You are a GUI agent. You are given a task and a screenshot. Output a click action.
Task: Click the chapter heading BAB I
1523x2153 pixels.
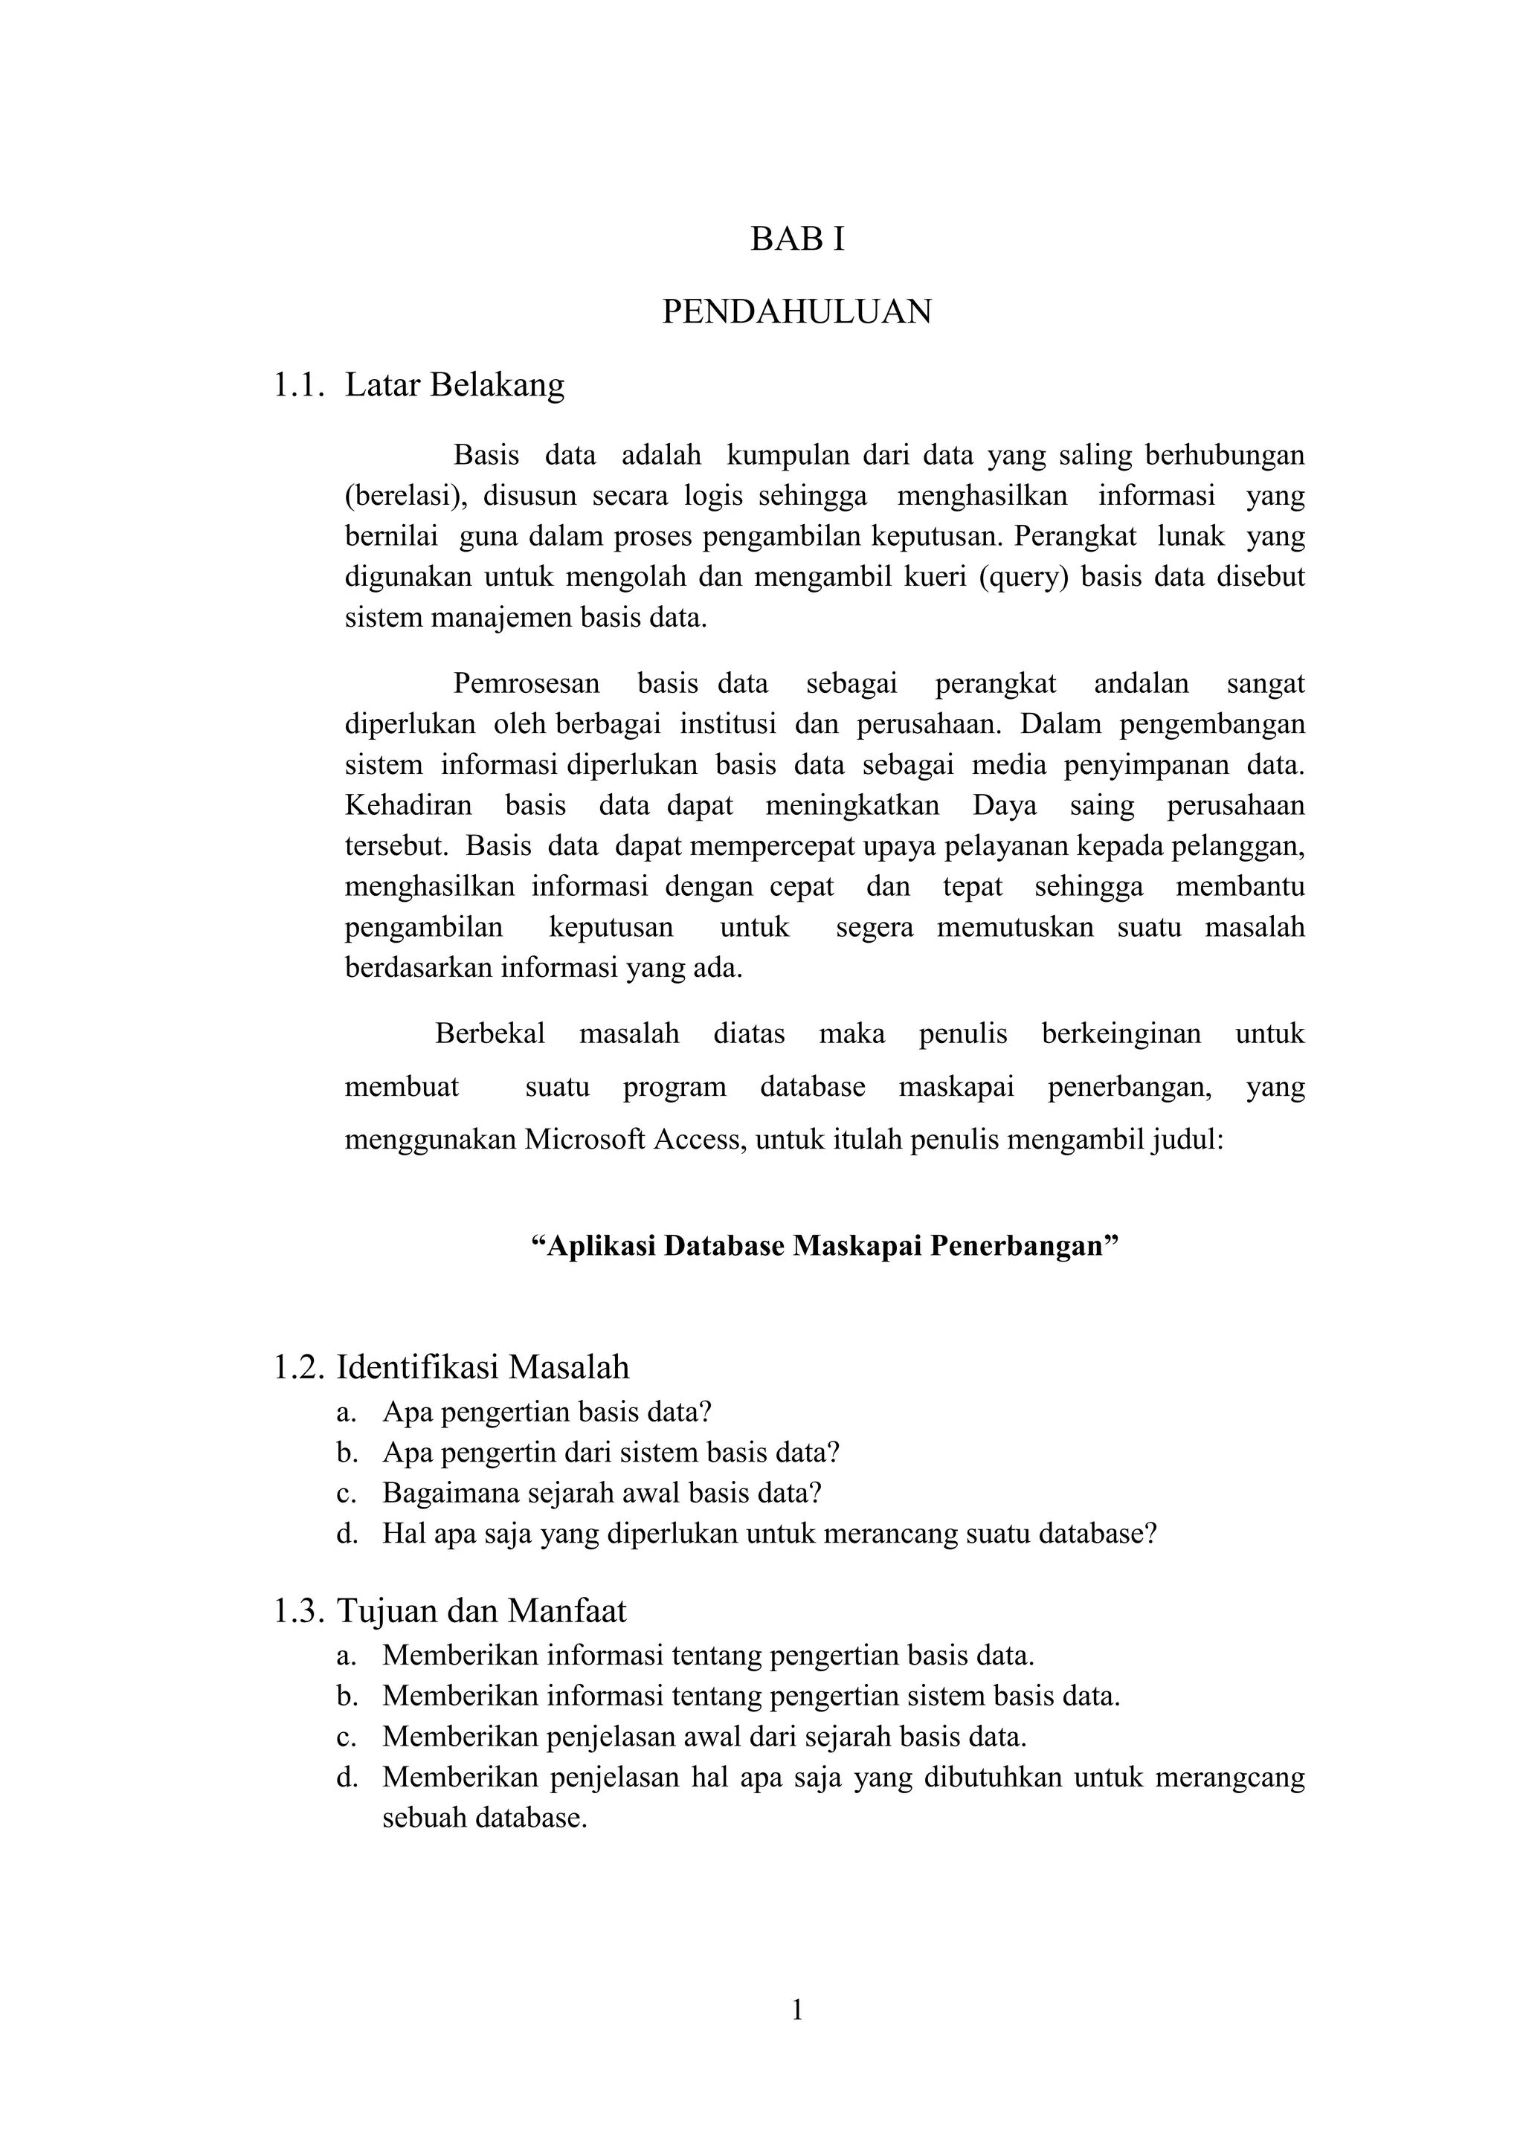coord(797,240)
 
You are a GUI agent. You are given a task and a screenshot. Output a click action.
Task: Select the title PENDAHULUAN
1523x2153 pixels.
coord(797,312)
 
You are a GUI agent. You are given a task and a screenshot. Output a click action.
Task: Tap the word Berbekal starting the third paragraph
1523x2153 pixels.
coord(489,1033)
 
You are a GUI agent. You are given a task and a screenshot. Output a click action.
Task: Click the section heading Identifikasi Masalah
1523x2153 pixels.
coord(483,1367)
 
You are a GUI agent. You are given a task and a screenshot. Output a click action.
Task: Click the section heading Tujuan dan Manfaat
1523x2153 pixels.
coord(481,1611)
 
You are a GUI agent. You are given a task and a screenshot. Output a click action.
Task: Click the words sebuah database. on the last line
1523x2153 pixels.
coord(484,1818)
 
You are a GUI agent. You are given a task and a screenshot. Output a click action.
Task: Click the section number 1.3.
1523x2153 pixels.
coord(298,1611)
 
